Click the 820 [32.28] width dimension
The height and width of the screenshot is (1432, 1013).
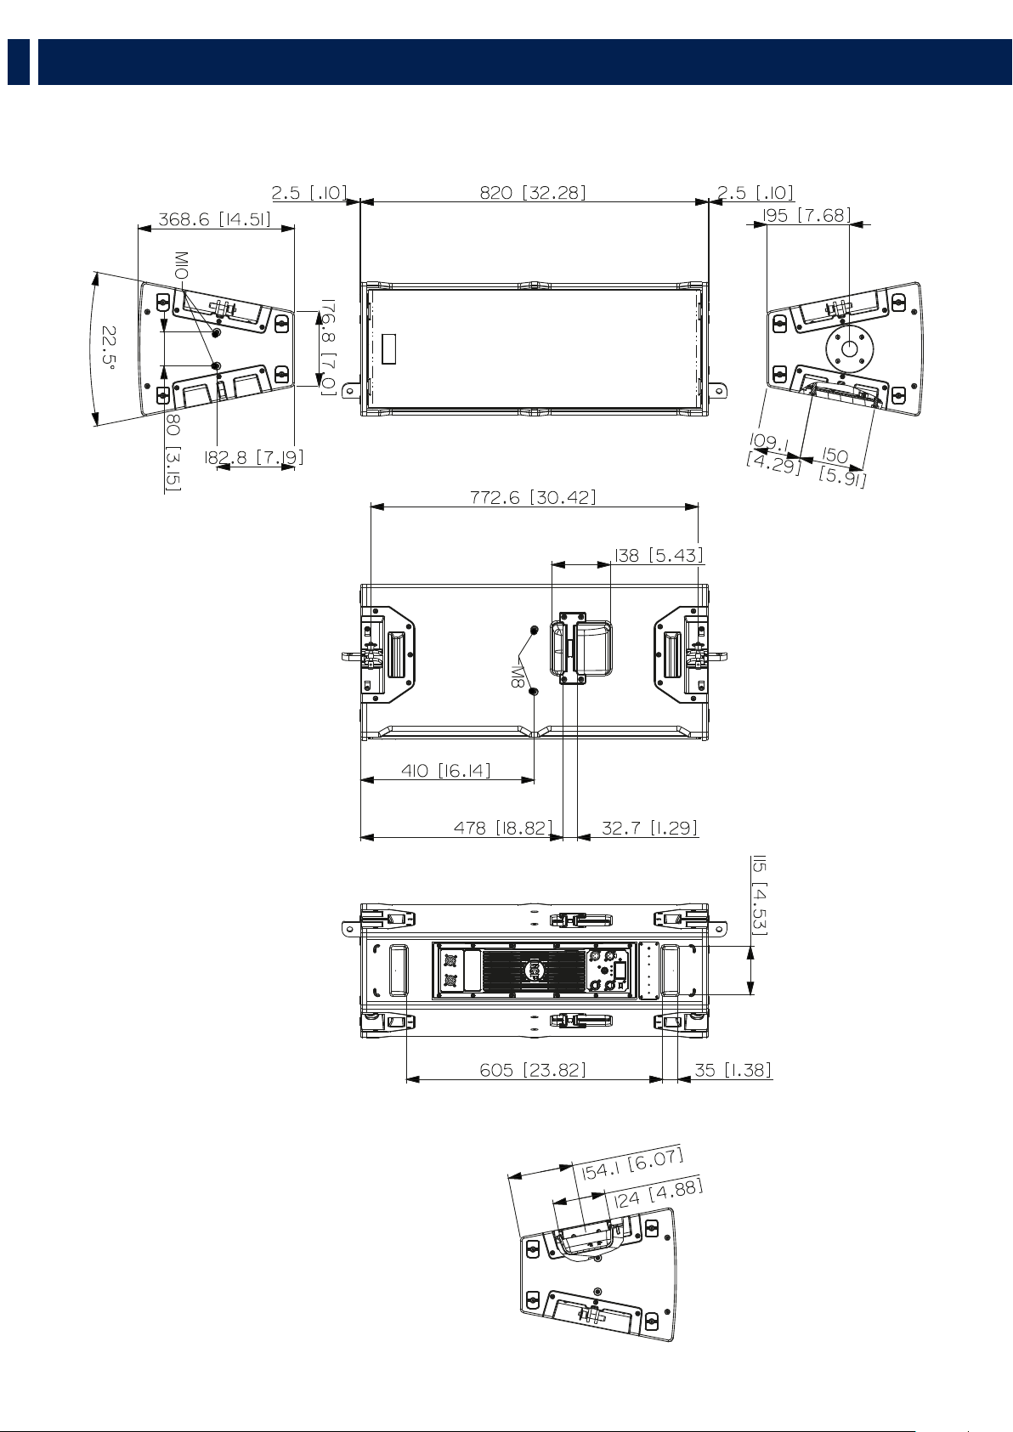point(532,192)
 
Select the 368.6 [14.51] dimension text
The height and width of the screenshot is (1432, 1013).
point(214,219)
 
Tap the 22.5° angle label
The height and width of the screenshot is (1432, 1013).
point(110,349)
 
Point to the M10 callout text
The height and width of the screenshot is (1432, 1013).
point(182,264)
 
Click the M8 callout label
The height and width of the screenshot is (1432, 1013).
point(517,676)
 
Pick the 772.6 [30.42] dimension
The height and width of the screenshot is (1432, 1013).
point(533,496)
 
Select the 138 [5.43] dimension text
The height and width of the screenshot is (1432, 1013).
point(659,555)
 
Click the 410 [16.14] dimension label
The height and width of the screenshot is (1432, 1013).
point(446,770)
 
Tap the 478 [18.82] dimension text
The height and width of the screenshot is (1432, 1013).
point(502,828)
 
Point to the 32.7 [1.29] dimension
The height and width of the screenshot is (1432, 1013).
point(649,828)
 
